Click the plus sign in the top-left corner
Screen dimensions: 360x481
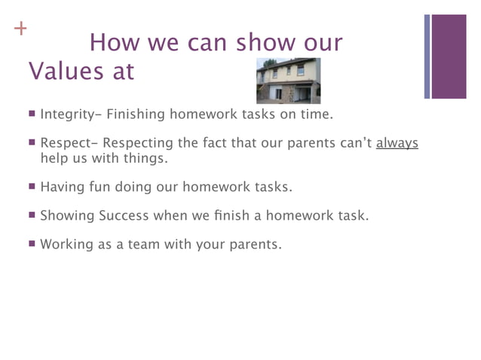point(20,30)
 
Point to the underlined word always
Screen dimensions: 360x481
point(397,143)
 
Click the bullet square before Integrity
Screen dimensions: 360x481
point(32,114)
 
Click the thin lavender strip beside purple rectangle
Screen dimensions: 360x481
point(427,56)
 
